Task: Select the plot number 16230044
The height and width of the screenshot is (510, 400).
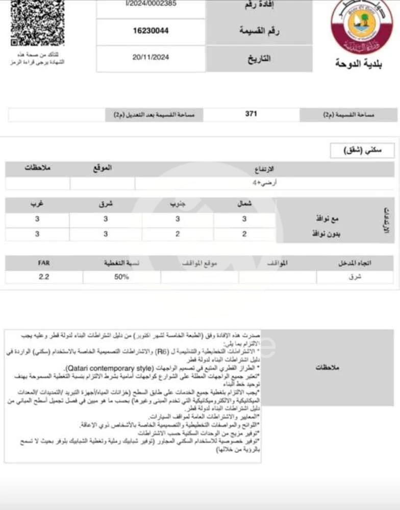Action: click(x=151, y=31)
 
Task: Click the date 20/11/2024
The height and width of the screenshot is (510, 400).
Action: click(x=151, y=58)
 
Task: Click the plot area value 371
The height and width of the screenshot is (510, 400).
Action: click(x=251, y=114)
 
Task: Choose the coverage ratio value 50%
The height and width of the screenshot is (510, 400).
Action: click(x=121, y=277)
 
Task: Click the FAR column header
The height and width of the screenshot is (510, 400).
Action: click(x=44, y=263)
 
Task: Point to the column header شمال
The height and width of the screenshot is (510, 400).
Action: click(x=244, y=204)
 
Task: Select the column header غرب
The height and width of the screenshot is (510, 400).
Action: click(x=37, y=204)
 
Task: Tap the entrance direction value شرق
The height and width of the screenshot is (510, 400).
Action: click(x=355, y=277)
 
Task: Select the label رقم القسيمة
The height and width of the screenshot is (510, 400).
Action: click(x=259, y=31)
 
